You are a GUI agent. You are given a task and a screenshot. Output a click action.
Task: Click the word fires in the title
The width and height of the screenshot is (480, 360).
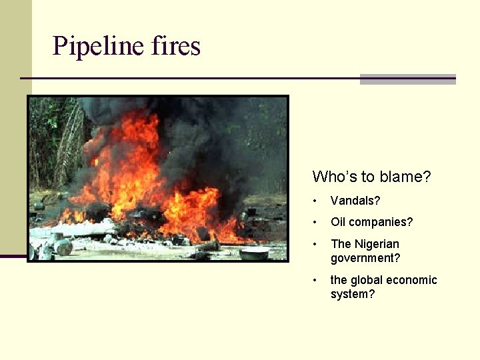click(175, 47)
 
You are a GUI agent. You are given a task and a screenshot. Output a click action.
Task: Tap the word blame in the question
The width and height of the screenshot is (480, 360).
click(402, 177)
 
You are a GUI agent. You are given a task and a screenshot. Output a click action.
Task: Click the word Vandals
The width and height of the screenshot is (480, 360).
click(353, 200)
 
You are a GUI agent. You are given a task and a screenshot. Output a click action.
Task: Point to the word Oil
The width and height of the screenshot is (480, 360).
click(338, 222)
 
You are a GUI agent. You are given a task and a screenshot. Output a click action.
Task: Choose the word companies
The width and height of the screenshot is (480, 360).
click(380, 222)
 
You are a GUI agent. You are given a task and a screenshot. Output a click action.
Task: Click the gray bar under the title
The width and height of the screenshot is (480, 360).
click(407, 79)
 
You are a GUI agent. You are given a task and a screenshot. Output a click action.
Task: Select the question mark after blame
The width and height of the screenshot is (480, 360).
click(427, 177)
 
